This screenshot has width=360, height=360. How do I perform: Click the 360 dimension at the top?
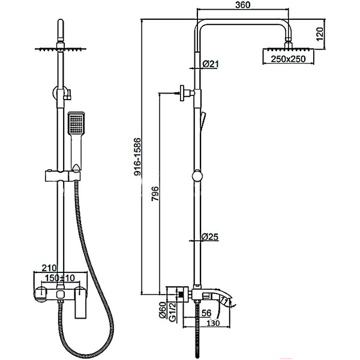pyautogui.click(x=242, y=5)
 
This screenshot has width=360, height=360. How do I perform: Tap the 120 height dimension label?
pyautogui.click(x=320, y=34)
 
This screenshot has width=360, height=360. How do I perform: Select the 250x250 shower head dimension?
pyautogui.click(x=288, y=59)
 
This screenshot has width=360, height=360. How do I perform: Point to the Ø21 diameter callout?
pyautogui.click(x=211, y=64)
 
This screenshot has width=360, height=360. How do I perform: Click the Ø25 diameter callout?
pyautogui.click(x=210, y=237)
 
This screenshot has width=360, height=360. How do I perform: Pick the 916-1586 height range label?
pyautogui.click(x=137, y=157)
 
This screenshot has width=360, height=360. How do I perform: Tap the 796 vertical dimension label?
pyautogui.click(x=155, y=194)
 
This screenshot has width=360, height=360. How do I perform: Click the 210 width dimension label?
pyautogui.click(x=49, y=268)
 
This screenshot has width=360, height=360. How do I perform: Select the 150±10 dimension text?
pyautogui.click(x=60, y=278)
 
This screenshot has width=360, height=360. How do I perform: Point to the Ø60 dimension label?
pyautogui.click(x=163, y=310)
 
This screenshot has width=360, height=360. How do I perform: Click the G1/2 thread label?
pyautogui.click(x=172, y=312)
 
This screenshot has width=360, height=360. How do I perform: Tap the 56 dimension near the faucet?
pyautogui.click(x=206, y=313)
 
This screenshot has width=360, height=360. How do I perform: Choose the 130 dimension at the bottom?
pyautogui.click(x=213, y=323)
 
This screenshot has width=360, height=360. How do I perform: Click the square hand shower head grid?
pyautogui.click(x=76, y=123)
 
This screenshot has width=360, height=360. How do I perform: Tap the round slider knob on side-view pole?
pyautogui.click(x=197, y=176)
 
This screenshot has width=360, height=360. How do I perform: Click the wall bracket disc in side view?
pyautogui.click(x=182, y=93)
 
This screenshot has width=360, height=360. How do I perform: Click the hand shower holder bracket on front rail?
pyautogui.click(x=62, y=175)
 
